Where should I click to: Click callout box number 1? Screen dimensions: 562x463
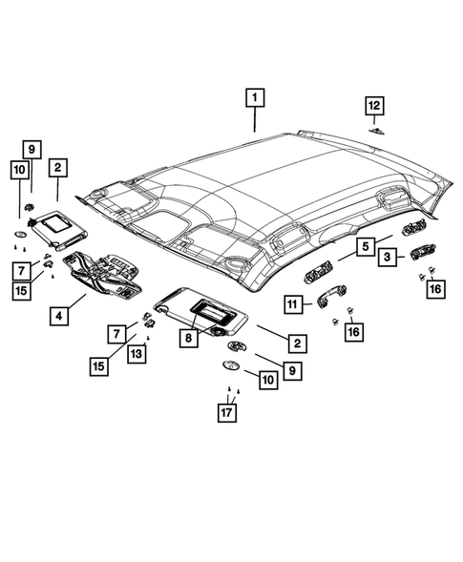click(255, 96)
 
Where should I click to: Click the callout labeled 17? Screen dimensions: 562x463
click(229, 414)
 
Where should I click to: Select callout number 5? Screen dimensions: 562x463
click(365, 247)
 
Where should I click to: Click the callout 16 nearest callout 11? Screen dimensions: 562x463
click(355, 331)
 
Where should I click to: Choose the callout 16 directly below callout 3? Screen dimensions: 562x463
click(435, 289)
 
